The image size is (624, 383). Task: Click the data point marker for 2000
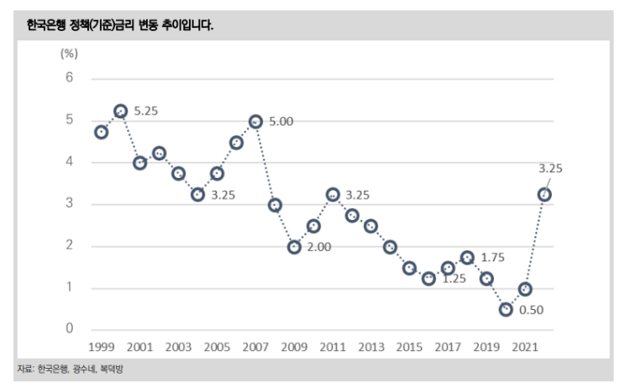(x=120, y=111)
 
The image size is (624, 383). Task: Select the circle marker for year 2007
(x=255, y=121)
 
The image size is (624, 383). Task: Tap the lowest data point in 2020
(x=506, y=309)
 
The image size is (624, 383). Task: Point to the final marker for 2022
(x=544, y=195)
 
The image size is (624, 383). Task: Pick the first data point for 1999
(x=102, y=132)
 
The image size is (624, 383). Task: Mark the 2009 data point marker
(x=294, y=247)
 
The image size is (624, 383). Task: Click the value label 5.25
(x=146, y=110)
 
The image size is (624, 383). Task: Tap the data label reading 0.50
(x=532, y=311)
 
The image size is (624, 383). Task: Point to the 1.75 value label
(x=493, y=256)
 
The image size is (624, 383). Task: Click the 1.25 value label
(x=455, y=279)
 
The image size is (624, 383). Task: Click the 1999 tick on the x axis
(x=102, y=346)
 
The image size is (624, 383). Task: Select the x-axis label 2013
(x=370, y=346)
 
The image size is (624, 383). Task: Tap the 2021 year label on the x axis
(x=525, y=346)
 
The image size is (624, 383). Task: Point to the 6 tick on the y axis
(x=70, y=78)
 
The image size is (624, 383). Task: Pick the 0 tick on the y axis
(x=70, y=329)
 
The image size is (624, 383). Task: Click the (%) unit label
(x=69, y=54)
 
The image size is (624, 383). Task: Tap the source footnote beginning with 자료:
(x=75, y=369)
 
